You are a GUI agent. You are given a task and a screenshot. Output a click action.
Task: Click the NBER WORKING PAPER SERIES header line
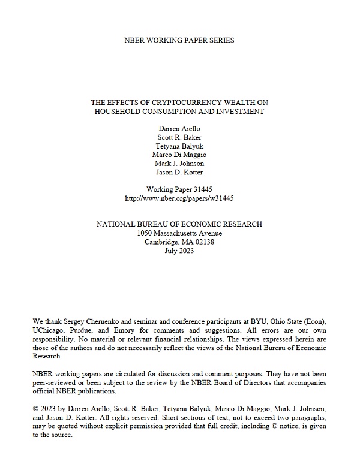[179, 40]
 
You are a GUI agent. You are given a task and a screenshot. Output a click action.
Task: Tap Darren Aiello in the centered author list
[179, 128]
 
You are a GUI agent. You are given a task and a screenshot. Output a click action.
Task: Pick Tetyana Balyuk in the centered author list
[179, 146]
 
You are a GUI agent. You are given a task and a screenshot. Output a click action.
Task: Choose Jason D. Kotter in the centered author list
[179, 172]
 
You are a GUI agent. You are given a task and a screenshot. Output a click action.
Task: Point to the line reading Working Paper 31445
[179, 189]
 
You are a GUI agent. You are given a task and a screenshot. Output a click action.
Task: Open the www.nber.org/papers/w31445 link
[179, 197]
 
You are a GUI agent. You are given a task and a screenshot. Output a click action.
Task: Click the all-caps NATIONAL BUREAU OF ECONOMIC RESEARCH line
[179, 224]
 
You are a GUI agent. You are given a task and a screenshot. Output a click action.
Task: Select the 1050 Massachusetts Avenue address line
[179, 233]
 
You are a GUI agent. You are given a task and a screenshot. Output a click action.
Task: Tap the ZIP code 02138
[202, 242]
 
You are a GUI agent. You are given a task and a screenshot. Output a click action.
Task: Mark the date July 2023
[179, 251]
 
